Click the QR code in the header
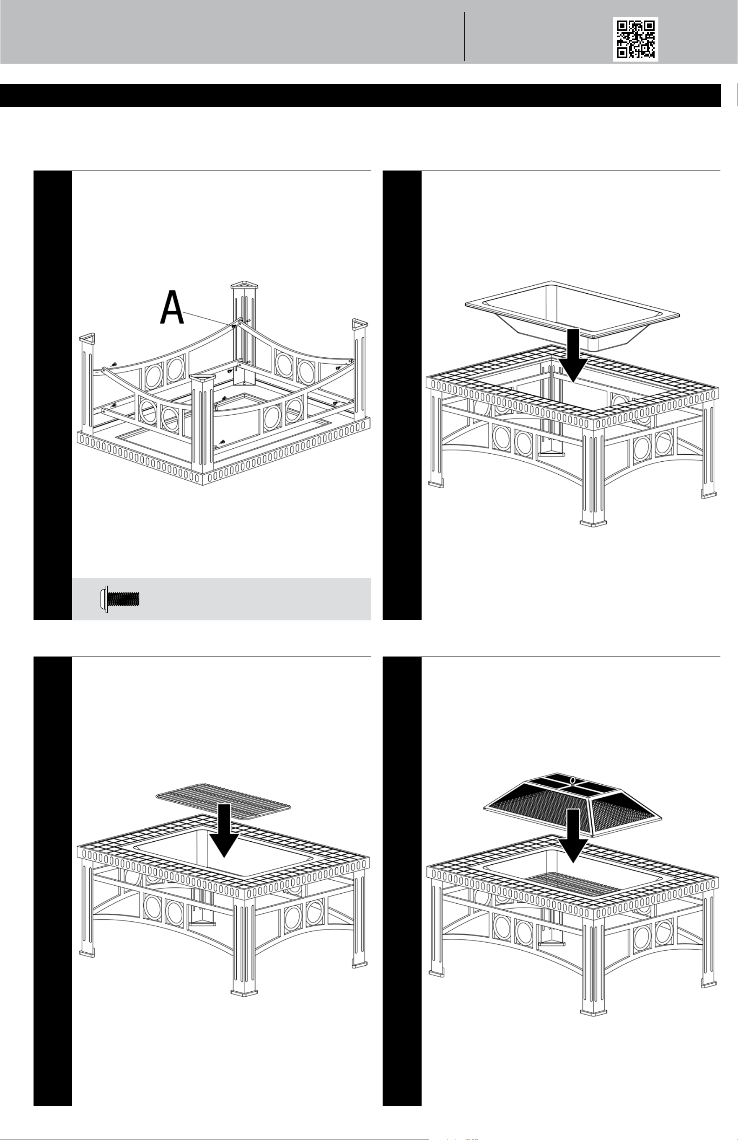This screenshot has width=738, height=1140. (x=635, y=39)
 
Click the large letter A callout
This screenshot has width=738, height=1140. (x=171, y=308)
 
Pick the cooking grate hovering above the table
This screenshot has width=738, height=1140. (x=224, y=801)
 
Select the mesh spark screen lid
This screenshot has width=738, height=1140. (x=572, y=802)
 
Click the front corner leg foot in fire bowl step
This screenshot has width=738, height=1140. (x=592, y=522)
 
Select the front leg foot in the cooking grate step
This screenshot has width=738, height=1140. (x=243, y=990)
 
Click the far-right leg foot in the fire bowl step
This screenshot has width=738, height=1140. (x=708, y=494)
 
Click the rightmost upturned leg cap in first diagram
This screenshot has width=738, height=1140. (x=360, y=324)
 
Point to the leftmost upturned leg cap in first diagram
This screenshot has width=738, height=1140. (x=86, y=339)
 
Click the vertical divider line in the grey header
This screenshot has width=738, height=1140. (x=465, y=36)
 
